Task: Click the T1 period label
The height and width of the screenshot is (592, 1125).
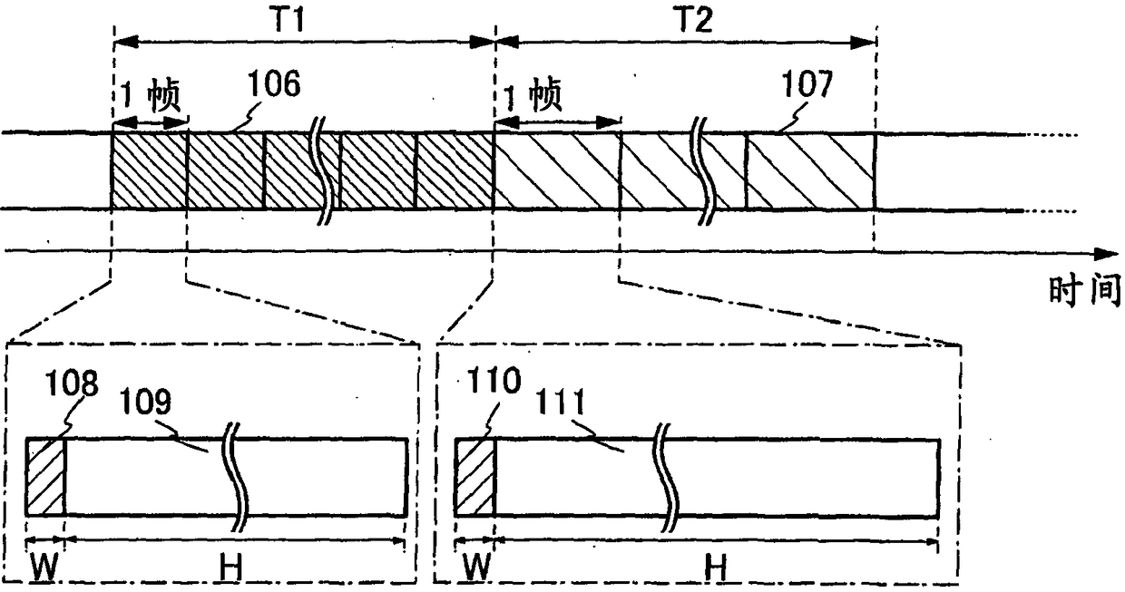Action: pyautogui.click(x=302, y=19)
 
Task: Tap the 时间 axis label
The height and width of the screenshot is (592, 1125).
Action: pyautogui.click(x=1084, y=293)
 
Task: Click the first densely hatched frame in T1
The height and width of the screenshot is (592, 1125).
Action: pyautogui.click(x=149, y=171)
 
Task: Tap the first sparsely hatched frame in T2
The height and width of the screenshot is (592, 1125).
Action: pyautogui.click(x=555, y=171)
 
